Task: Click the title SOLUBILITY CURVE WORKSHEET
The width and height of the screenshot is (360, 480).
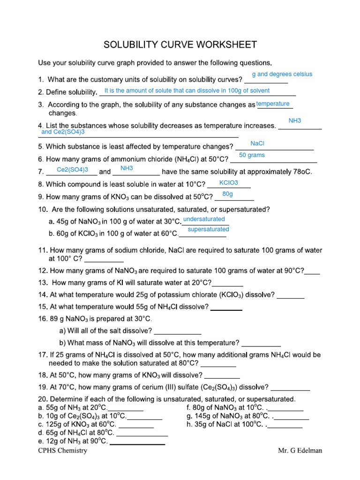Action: (x=180, y=45)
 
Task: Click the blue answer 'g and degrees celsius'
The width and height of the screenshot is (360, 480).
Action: (x=282, y=74)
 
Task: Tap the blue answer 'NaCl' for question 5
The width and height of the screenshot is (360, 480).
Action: (x=258, y=143)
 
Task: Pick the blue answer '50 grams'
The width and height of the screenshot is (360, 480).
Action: (x=252, y=155)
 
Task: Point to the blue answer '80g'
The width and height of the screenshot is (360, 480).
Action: (x=227, y=194)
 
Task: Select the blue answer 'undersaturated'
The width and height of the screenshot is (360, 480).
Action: (x=204, y=219)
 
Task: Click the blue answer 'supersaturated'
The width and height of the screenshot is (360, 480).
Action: (x=208, y=230)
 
